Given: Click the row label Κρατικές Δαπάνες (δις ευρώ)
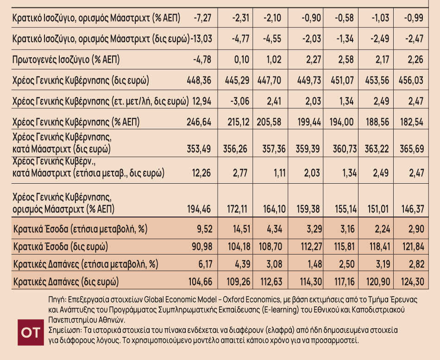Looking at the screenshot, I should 66,281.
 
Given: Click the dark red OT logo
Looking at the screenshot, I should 31,332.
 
